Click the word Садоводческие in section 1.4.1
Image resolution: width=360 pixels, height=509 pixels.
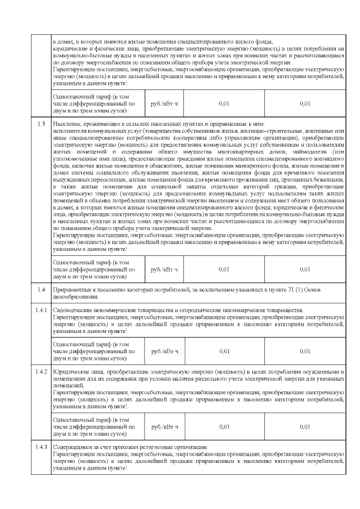point(71,310)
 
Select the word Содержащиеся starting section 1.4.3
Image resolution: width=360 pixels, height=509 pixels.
point(71,447)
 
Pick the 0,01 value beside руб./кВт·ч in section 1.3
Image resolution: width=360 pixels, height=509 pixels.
point(224,269)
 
